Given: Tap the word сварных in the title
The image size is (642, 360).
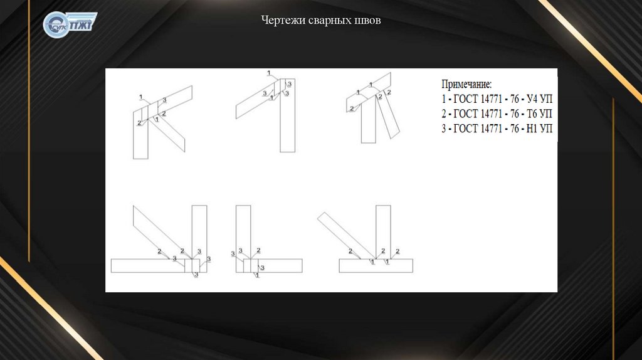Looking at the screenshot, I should (x=325, y=21).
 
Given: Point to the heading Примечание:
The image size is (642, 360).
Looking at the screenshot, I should (x=467, y=84).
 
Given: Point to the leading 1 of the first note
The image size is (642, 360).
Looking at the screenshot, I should (x=444, y=99).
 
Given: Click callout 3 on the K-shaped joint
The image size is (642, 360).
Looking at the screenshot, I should (x=164, y=100).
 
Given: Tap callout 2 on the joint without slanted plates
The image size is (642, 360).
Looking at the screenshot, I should (x=258, y=250).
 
